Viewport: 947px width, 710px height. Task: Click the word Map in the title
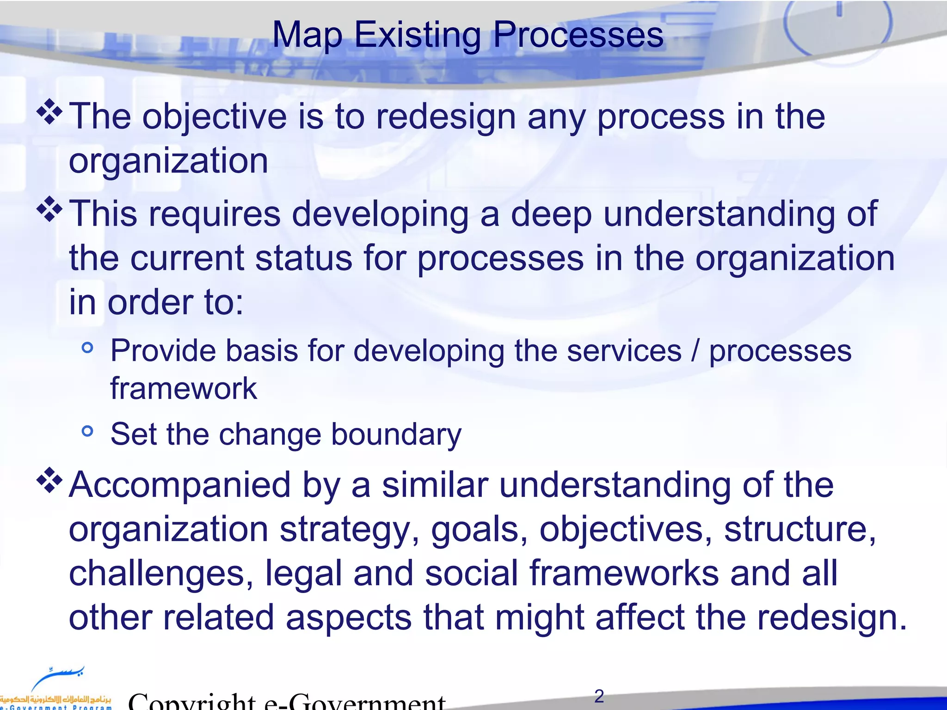[x=307, y=35]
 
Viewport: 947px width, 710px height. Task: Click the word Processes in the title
[x=578, y=35]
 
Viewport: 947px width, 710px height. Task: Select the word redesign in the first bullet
[x=446, y=117]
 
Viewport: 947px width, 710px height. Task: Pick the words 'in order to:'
[x=156, y=302]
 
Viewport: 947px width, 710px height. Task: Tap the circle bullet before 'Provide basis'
[x=87, y=348]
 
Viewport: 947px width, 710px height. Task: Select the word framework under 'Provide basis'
[x=183, y=388]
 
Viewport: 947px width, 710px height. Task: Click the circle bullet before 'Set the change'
[x=87, y=431]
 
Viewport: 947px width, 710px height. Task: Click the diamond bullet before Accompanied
[x=49, y=481]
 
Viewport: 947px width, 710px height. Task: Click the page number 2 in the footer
[x=599, y=696]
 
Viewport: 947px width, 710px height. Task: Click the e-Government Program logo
[x=55, y=689]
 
